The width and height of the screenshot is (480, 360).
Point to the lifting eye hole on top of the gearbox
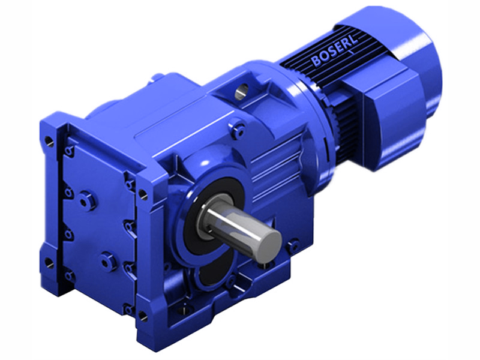pos(241,91)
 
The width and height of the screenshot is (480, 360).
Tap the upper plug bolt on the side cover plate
pos(88,199)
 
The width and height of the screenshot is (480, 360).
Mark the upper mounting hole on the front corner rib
pos(143,194)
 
